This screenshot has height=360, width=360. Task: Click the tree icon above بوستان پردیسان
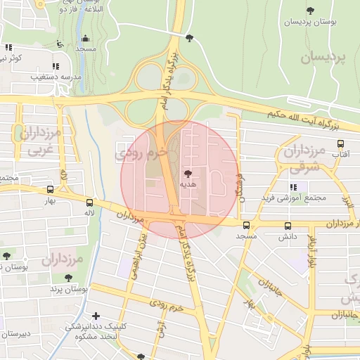(311, 10)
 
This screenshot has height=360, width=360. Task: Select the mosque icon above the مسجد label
(85, 38)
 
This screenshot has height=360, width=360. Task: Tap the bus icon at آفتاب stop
(341, 143)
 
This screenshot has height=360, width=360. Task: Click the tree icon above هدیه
(187, 173)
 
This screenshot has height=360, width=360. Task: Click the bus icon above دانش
(288, 226)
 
